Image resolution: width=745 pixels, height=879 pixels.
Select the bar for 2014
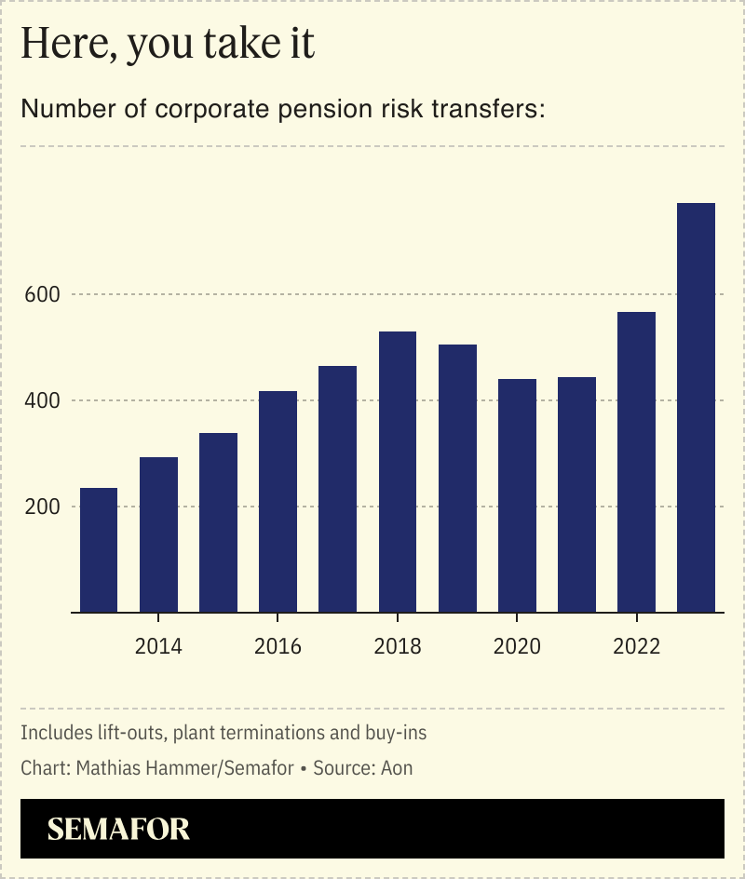(158, 534)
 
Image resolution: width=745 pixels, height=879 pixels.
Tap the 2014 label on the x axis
(158, 646)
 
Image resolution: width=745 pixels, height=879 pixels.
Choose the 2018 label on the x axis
(398, 646)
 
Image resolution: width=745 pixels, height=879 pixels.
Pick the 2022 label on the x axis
(636, 646)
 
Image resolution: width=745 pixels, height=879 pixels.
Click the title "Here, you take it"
(168, 46)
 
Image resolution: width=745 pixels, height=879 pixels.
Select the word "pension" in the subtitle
(325, 110)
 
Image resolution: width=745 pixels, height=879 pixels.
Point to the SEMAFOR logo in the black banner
(118, 829)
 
